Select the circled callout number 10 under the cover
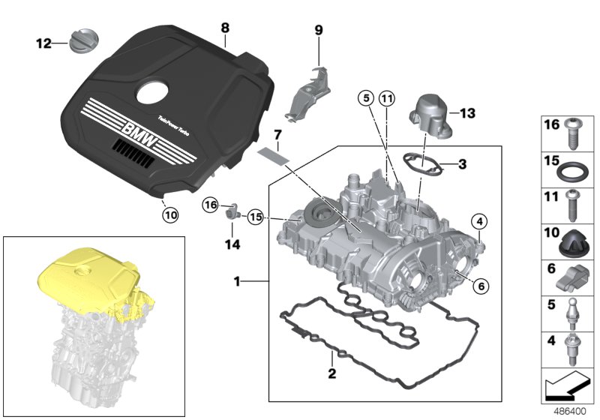click(x=170, y=214)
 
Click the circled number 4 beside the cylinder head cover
click(x=478, y=220)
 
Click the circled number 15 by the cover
click(x=256, y=217)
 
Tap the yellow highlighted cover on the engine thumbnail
click(x=90, y=274)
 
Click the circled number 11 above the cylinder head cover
click(x=386, y=98)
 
